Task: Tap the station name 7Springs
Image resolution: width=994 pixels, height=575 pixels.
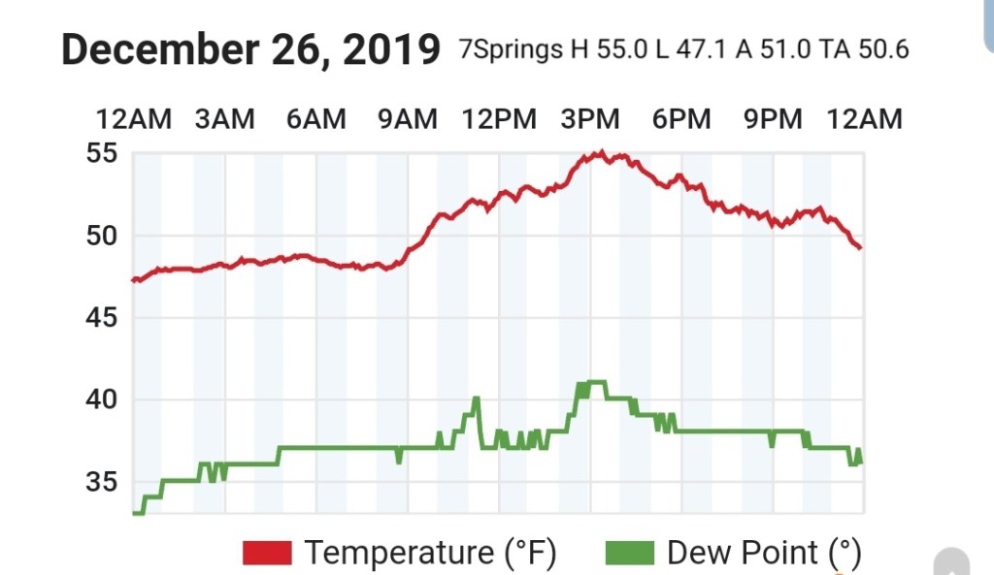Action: coord(510,49)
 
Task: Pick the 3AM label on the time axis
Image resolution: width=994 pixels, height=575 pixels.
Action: coord(224,119)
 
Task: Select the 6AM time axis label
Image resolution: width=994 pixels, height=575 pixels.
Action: coord(315,119)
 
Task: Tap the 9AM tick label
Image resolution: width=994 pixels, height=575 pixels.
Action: coord(407,119)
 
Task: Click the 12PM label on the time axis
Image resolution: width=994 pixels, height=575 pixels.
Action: coord(499,119)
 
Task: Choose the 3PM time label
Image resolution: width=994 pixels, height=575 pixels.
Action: coord(590,119)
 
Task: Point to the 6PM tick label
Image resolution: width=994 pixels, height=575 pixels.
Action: coord(681,119)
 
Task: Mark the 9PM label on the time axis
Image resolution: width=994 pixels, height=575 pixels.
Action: coord(773,119)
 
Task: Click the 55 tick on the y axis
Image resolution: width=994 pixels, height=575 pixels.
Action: coord(100,154)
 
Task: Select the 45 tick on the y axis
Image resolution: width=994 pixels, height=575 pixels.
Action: coord(100,318)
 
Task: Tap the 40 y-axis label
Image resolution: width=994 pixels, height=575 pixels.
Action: coord(100,399)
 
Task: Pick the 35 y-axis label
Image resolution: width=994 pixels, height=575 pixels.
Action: coord(100,482)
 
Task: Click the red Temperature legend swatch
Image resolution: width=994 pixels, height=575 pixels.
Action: coord(267,554)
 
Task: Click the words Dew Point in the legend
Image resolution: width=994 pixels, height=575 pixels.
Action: coord(743,554)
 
